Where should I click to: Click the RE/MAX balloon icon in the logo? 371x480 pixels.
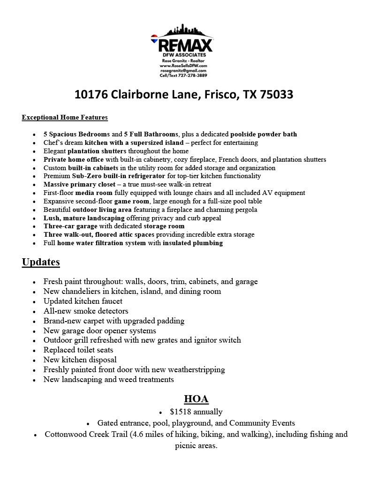(x=154, y=39)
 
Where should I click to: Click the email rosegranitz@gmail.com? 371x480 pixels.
(x=183, y=70)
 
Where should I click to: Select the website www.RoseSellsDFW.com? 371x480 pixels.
(x=183, y=66)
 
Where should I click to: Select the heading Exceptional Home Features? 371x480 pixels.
(x=65, y=117)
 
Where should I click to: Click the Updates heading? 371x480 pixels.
(x=41, y=262)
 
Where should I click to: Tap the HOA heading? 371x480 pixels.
(x=196, y=399)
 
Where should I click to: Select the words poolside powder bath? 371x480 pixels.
(x=264, y=134)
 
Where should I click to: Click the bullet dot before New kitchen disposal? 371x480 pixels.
(x=35, y=360)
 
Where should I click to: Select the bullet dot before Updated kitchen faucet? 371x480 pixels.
(x=35, y=302)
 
